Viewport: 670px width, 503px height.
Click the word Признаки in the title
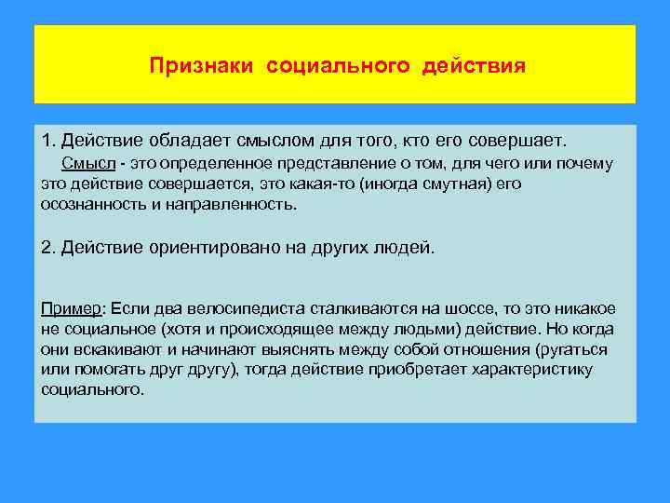tap(204, 67)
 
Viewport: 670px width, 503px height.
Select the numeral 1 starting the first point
tap(47, 140)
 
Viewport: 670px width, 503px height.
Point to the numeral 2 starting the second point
tap(47, 248)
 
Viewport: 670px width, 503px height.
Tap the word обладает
tap(178, 140)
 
